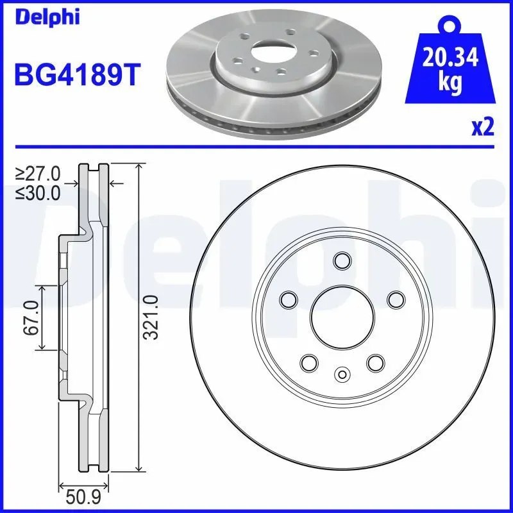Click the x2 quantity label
click(x=483, y=128)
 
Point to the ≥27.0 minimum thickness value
click(x=38, y=173)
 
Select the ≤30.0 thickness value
click(x=38, y=192)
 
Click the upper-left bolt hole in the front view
click(x=289, y=299)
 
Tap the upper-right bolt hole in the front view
click(x=396, y=299)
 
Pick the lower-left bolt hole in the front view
click(x=309, y=362)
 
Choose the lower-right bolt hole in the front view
click(x=375, y=362)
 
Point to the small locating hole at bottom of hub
click(x=342, y=374)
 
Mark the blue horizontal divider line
click(x=256, y=147)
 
